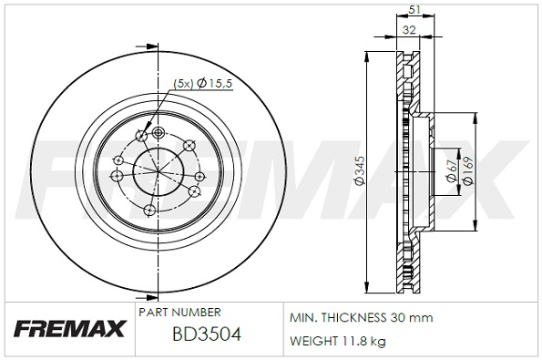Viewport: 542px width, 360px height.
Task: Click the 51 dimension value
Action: (x=414, y=10)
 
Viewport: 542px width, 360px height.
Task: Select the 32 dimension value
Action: (x=409, y=30)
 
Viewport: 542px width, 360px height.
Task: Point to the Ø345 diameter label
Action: (x=360, y=170)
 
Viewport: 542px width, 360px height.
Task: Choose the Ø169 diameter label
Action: (x=468, y=170)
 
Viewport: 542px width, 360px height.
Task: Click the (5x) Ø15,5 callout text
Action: (x=202, y=84)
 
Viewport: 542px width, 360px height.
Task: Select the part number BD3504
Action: (x=207, y=334)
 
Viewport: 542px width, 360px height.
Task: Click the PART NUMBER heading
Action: (x=179, y=313)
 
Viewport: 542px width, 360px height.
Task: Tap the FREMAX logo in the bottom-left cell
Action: (x=69, y=329)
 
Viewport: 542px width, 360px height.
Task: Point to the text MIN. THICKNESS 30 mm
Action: (x=361, y=317)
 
